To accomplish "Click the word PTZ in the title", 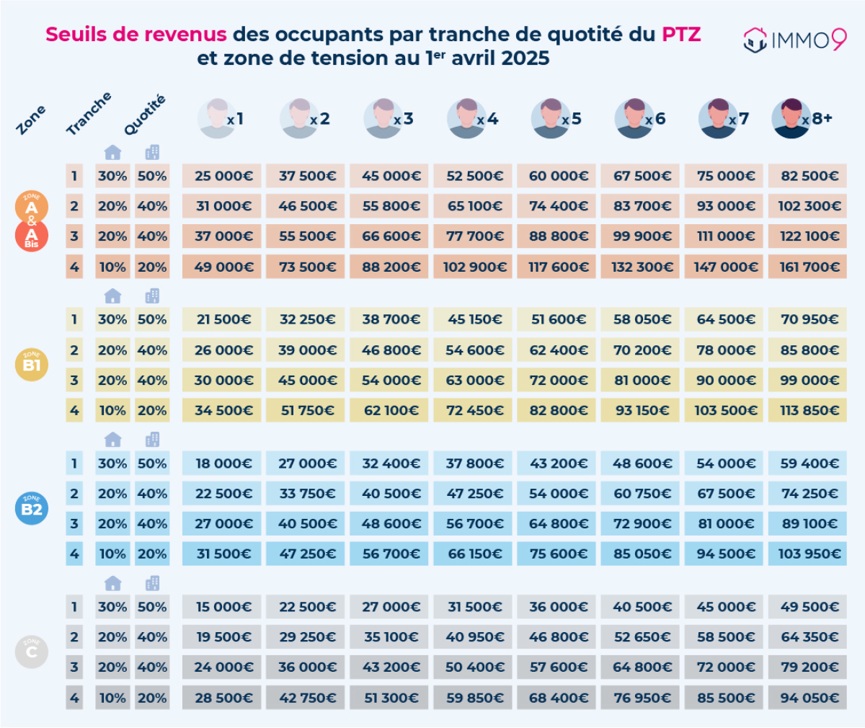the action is [681, 34].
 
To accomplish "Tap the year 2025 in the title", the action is [525, 58].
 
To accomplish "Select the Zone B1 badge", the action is [32, 365].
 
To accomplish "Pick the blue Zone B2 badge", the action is [32, 508].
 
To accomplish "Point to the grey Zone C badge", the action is [32, 652].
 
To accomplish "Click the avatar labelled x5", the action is [551, 118].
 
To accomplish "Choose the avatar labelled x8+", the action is [791, 118].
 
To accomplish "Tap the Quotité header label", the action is [145, 115].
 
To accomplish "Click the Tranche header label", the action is [89, 113].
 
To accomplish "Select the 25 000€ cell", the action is [221, 176].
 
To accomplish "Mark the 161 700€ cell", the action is [807, 267].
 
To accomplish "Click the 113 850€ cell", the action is [807, 410].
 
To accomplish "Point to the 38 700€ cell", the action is [389, 319].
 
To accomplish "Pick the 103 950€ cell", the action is [807, 554].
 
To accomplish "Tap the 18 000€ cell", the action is [221, 463].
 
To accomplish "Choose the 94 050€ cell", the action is [807, 698].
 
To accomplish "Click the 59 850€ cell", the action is [473, 698].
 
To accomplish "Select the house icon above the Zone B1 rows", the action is [112, 296].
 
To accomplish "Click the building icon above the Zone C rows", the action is [152, 583].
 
